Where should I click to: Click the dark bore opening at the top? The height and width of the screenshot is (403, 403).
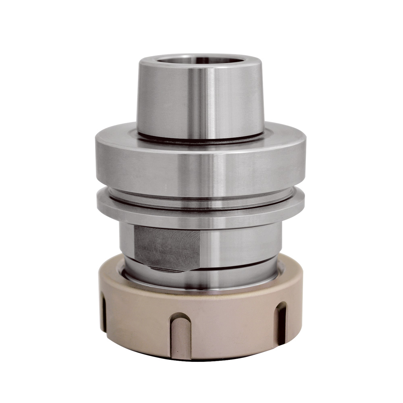coord(200,60)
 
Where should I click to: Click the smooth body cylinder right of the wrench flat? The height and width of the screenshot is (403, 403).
coord(242,244)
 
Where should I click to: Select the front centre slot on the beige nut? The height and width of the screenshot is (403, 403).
coord(180,334)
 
